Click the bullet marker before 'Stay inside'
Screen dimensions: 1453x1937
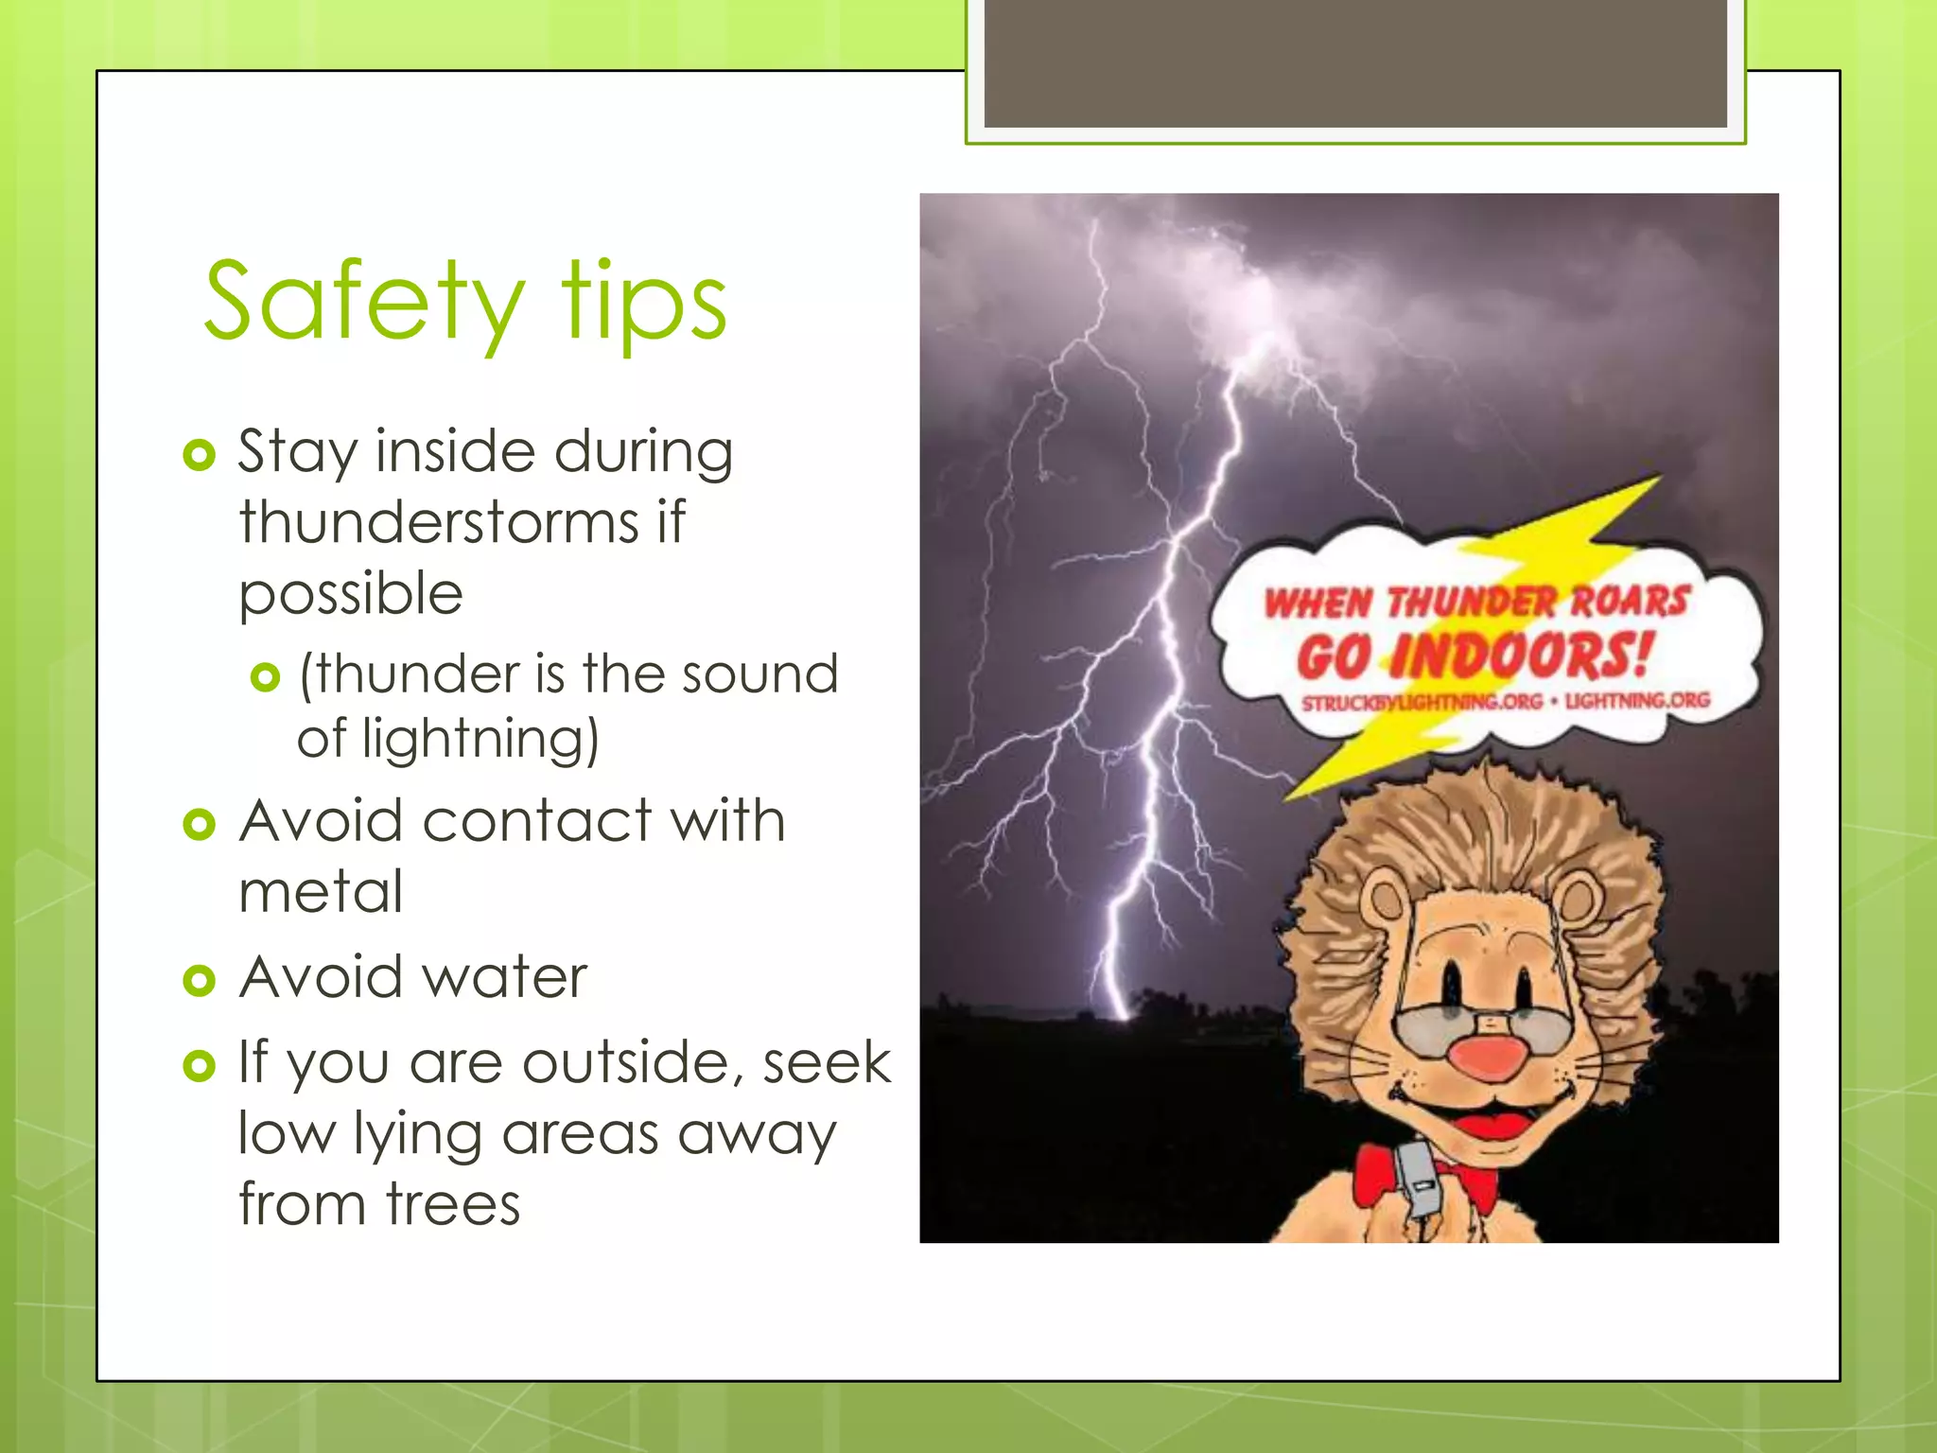click(x=200, y=455)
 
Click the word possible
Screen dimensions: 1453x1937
click(x=351, y=594)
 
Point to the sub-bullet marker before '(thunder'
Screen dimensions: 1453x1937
click(x=266, y=677)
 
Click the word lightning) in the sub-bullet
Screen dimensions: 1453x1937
click(x=480, y=739)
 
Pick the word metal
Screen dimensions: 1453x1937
click(x=321, y=891)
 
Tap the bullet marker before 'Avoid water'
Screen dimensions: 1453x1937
click(x=200, y=980)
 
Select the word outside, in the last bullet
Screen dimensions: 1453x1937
click(x=633, y=1062)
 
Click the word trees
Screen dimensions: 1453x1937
click(x=453, y=1204)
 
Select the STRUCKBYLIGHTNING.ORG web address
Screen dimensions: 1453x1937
click(x=1422, y=703)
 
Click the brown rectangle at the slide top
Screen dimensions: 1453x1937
click(x=1355, y=63)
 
